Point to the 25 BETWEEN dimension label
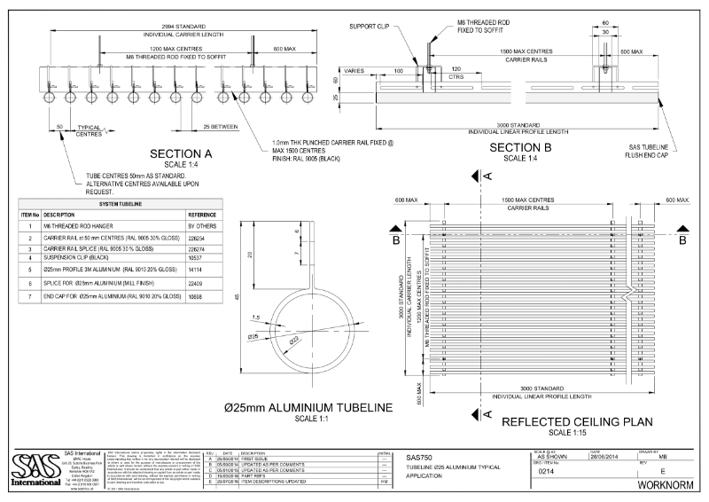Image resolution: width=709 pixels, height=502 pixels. pos(220,128)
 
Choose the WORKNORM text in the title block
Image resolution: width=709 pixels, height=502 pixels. pos(664,487)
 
